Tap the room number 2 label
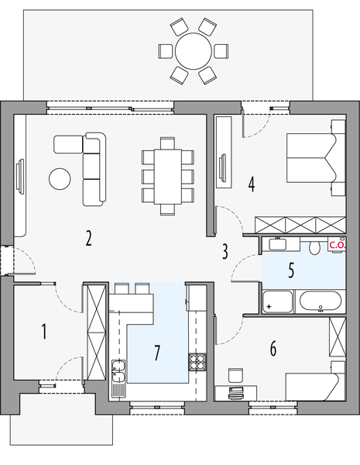tap(89, 238)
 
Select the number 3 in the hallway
tap(225, 251)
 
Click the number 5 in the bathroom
tap(291, 270)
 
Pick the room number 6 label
tap(273, 349)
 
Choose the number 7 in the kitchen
tap(157, 353)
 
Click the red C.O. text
tap(337, 245)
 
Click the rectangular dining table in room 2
tap(167, 175)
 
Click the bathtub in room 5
tap(320, 301)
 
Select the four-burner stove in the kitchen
tap(197, 362)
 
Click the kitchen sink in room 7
tap(118, 372)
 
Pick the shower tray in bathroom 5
tap(276, 301)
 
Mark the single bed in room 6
tap(314, 385)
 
